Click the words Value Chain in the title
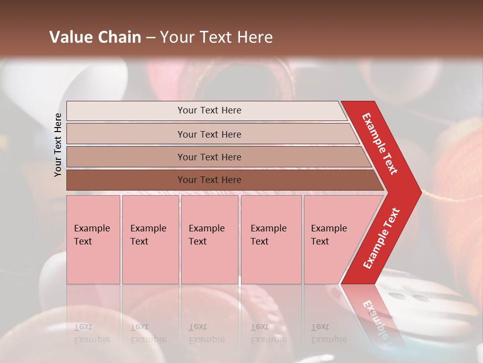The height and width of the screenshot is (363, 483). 95,37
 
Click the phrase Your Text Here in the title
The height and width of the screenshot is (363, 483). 216,37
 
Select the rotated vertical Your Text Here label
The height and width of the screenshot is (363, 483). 58,145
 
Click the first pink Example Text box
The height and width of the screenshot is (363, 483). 93,239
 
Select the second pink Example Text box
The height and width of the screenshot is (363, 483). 150,239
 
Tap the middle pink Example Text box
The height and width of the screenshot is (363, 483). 209,239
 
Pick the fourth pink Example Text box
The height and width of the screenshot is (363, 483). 271,239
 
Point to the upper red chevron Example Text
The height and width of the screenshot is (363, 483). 380,144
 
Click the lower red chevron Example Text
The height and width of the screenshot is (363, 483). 381,238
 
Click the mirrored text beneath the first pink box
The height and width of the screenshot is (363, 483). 92,333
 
